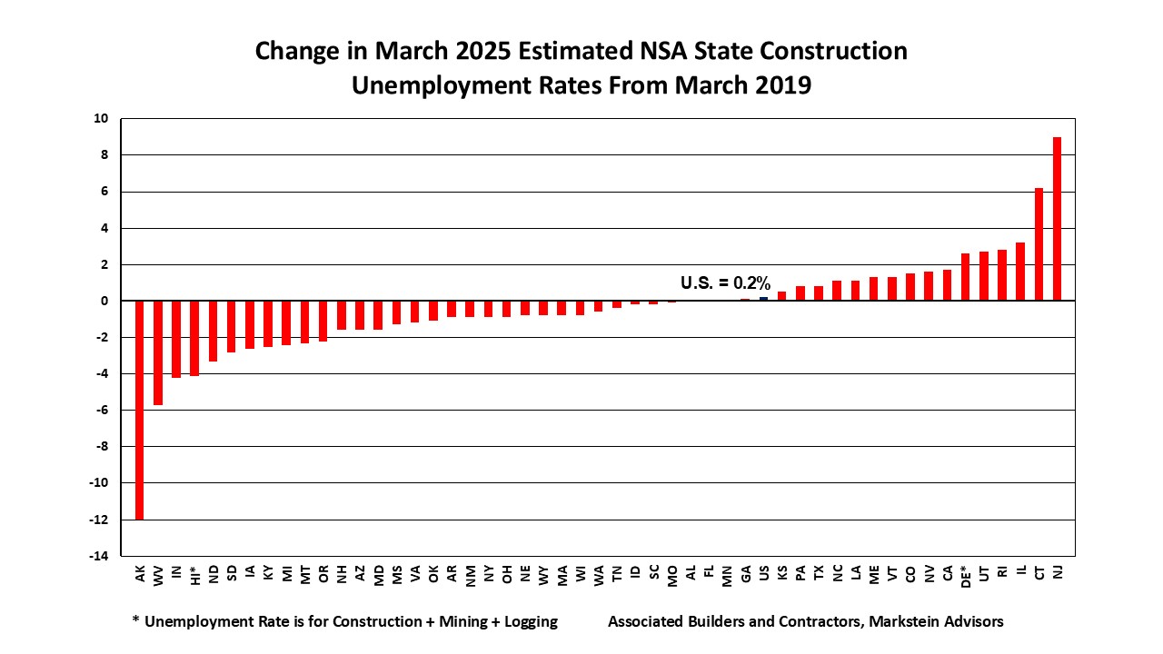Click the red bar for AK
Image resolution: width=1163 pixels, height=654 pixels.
pyautogui.click(x=140, y=410)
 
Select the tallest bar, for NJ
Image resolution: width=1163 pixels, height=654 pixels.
pyautogui.click(x=1057, y=219)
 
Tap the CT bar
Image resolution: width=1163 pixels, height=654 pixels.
pyautogui.click(x=1039, y=244)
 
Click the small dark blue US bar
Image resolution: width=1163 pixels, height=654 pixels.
pyautogui.click(x=763, y=299)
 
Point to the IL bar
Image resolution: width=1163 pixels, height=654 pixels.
pyautogui.click(x=1020, y=272)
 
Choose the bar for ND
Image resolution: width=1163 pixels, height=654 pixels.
pyautogui.click(x=213, y=331)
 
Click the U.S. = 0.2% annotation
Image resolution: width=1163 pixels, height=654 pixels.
pyautogui.click(x=725, y=282)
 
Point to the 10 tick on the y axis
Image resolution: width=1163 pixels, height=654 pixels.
pyautogui.click(x=102, y=119)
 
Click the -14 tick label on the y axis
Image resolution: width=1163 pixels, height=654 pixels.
pyautogui.click(x=99, y=556)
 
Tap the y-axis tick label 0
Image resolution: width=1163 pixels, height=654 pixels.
pyautogui.click(x=105, y=301)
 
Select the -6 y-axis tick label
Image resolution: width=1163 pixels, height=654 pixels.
pyautogui.click(x=102, y=410)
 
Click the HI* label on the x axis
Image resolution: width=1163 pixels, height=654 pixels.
pyautogui.click(x=194, y=576)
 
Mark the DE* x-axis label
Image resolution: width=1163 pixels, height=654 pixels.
pyautogui.click(x=965, y=576)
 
